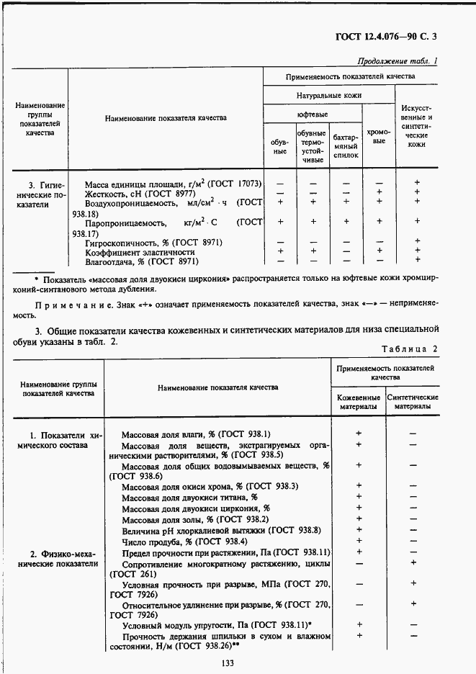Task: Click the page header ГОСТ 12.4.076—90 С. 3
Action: tap(386, 37)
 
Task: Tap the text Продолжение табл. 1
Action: tap(397, 61)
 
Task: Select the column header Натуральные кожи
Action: tap(329, 95)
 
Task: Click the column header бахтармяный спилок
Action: tap(345, 146)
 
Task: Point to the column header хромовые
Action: tap(379, 136)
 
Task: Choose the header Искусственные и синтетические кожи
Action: tap(416, 126)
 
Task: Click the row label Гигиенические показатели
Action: tap(42, 194)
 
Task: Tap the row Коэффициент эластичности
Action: tap(140, 252)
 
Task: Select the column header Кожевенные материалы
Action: tap(358, 402)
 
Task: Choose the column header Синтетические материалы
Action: tap(413, 402)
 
